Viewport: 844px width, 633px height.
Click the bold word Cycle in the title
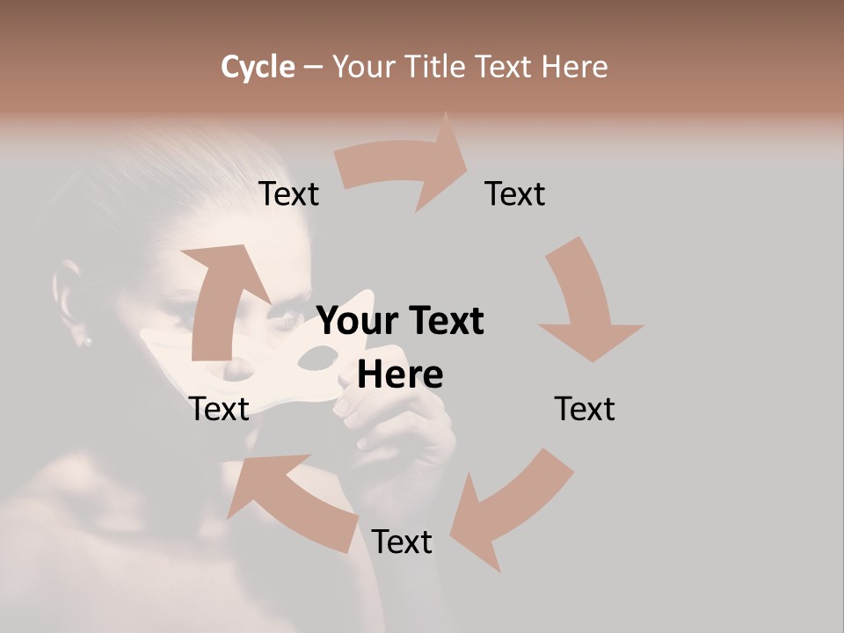tap(258, 67)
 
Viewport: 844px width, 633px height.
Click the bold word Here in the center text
tap(400, 375)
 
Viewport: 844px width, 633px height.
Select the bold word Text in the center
tap(446, 322)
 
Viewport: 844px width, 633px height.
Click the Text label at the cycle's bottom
tap(402, 542)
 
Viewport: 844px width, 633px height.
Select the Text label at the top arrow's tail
tap(289, 194)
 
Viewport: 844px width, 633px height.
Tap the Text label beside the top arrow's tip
tap(515, 194)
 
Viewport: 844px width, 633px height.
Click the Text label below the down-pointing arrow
tap(585, 409)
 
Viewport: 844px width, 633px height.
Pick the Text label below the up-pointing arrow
tap(219, 409)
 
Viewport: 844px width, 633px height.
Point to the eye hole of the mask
tap(317, 358)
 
